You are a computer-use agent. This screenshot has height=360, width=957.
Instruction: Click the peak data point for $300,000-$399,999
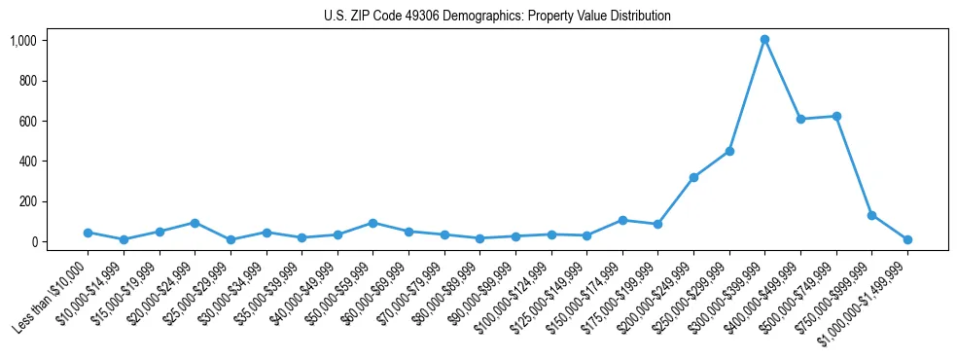[764, 39]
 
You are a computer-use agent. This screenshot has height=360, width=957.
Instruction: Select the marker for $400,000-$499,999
[800, 119]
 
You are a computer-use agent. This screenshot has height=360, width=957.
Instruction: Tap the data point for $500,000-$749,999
[836, 116]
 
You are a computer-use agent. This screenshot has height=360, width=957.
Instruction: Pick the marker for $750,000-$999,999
[871, 215]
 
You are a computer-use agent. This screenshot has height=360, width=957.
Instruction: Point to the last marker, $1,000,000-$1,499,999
[907, 239]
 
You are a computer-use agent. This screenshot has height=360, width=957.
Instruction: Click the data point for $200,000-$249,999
[693, 177]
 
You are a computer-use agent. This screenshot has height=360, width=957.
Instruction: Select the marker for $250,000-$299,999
[729, 151]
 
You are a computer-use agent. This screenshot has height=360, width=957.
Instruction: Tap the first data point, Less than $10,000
[88, 233]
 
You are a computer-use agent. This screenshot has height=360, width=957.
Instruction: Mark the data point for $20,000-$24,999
[195, 223]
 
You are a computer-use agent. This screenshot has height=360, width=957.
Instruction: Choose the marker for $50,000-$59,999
[372, 223]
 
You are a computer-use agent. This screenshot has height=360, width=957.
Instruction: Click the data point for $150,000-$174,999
[622, 220]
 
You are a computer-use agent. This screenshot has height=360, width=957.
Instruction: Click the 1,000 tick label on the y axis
[22, 40]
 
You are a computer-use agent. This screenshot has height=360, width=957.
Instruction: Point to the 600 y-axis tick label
[26, 121]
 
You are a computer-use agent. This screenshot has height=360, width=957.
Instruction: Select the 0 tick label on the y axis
[33, 241]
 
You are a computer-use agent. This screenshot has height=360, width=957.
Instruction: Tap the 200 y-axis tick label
[26, 201]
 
